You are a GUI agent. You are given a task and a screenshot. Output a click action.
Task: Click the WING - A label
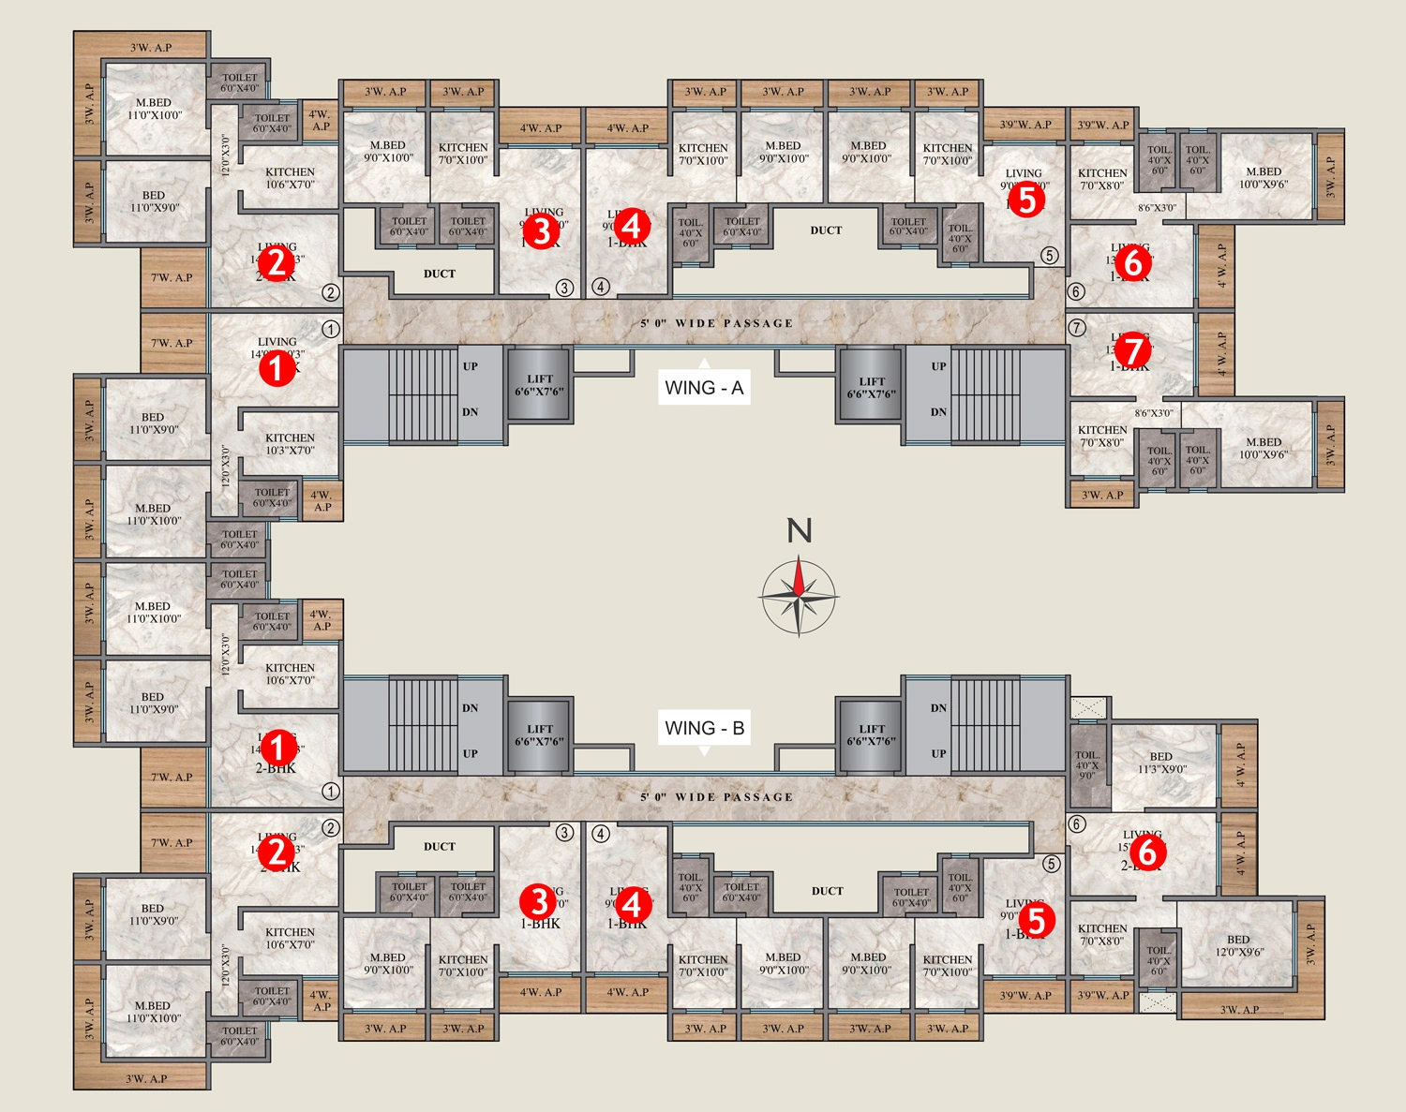pos(704,388)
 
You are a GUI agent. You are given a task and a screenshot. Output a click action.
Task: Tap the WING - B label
pos(704,728)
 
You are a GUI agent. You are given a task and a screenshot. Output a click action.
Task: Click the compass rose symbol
pos(798,596)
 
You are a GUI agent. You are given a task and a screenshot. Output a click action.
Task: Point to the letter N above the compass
pos(799,531)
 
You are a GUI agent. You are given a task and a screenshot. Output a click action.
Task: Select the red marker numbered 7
pos(1133,351)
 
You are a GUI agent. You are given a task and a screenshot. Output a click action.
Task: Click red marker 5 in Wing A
pos(1026,200)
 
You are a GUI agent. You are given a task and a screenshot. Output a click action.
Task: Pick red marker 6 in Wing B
pos(1148,853)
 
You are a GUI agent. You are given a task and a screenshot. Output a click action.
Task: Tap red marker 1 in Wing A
pos(276,368)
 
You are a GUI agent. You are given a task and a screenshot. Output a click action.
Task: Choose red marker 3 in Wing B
pos(539,901)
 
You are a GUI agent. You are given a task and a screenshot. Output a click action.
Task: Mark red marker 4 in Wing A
pos(631,226)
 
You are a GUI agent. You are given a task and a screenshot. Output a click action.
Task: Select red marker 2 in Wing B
pos(276,853)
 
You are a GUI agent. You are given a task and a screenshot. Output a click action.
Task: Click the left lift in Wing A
pos(539,385)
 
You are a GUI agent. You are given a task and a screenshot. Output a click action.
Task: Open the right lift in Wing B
pos(872,734)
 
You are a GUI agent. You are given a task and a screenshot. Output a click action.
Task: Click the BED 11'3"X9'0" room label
pos(1162,763)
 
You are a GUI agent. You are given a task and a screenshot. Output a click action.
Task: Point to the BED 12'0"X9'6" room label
pos(1238,945)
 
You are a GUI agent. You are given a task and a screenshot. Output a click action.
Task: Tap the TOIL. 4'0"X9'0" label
pos(1087,764)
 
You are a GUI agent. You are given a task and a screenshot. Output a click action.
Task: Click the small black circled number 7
pos(1077,328)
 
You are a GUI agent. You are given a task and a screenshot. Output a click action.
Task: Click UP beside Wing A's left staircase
pos(470,366)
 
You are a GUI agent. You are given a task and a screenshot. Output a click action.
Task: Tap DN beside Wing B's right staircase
pos(938,708)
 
